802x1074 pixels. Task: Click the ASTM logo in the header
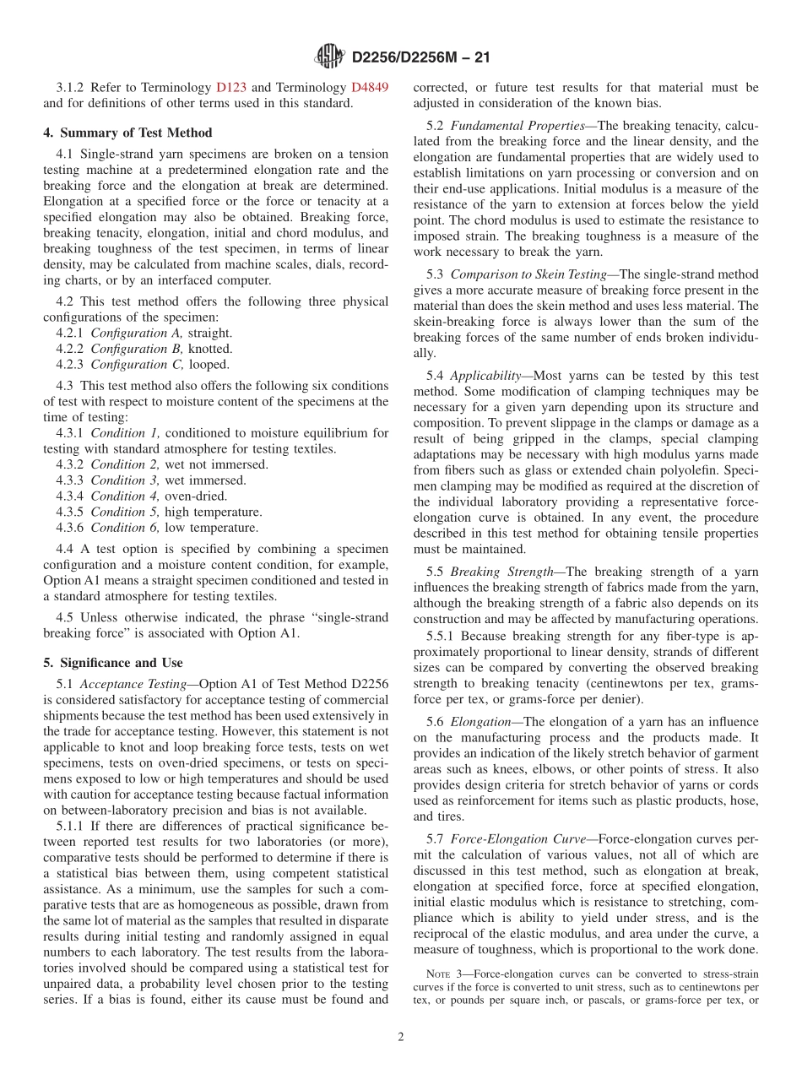click(x=329, y=57)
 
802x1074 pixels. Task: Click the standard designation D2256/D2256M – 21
click(x=420, y=58)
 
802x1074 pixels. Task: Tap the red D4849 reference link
click(x=370, y=88)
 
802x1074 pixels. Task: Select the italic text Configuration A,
click(x=126, y=333)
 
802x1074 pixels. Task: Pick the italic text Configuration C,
click(x=126, y=365)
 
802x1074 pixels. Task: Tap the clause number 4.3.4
click(x=71, y=496)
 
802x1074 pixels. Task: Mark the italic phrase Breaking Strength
click(x=501, y=572)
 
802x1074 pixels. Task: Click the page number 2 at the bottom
click(x=401, y=1038)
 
